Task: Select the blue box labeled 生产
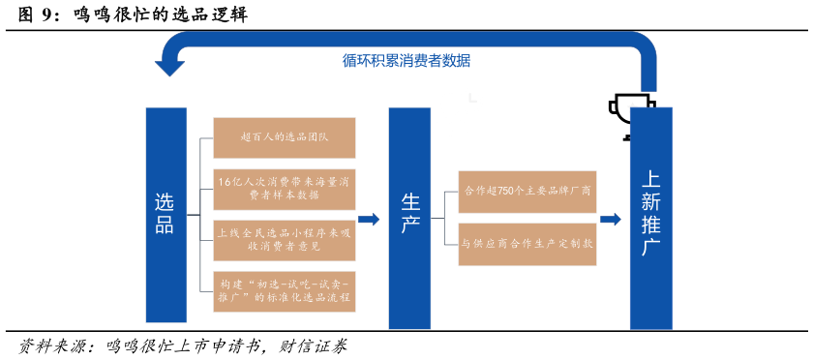pyautogui.click(x=409, y=218)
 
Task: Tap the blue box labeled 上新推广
pyautogui.click(x=650, y=218)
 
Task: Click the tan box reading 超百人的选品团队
pyautogui.click(x=285, y=137)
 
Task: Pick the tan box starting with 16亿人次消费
pyautogui.click(x=285, y=189)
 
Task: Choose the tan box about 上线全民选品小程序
pyautogui.click(x=285, y=240)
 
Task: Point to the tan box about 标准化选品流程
pyautogui.click(x=285, y=291)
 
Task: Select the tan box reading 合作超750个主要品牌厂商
pyautogui.click(x=527, y=191)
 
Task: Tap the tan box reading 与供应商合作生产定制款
pyautogui.click(x=527, y=244)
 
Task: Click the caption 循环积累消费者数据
pyautogui.click(x=406, y=60)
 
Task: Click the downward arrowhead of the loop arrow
pyautogui.click(x=170, y=69)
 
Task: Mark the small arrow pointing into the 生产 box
pyautogui.click(x=369, y=220)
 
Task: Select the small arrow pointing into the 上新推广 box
pyautogui.click(x=611, y=220)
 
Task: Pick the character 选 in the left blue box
pyautogui.click(x=166, y=201)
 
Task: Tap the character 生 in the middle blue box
pyautogui.click(x=409, y=202)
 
